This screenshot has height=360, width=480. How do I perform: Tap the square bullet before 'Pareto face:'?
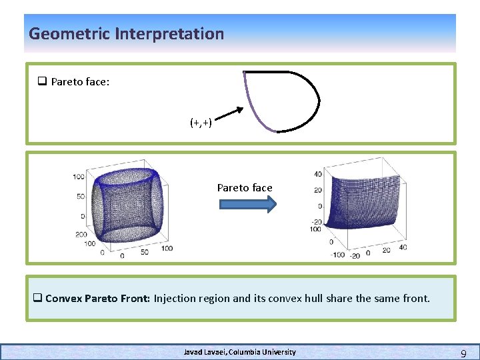pos(41,82)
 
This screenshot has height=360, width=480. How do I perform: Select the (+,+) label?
pos(201,123)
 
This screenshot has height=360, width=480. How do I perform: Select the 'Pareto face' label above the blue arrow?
pos(245,188)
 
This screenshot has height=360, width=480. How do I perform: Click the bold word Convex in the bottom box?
pos(64,298)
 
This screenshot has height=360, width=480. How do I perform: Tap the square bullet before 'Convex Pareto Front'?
pos(38,298)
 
